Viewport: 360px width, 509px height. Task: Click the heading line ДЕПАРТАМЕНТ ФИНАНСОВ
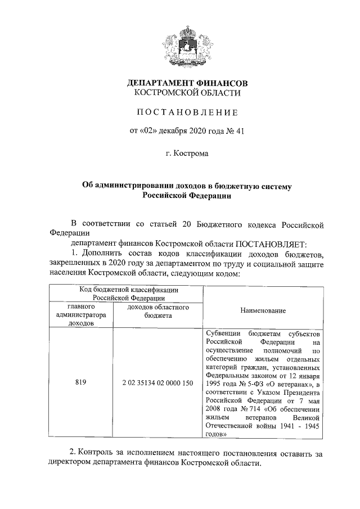coord(185,83)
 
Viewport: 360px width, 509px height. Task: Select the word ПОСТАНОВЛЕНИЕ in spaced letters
coord(185,112)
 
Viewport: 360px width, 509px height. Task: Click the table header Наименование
coord(263,310)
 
